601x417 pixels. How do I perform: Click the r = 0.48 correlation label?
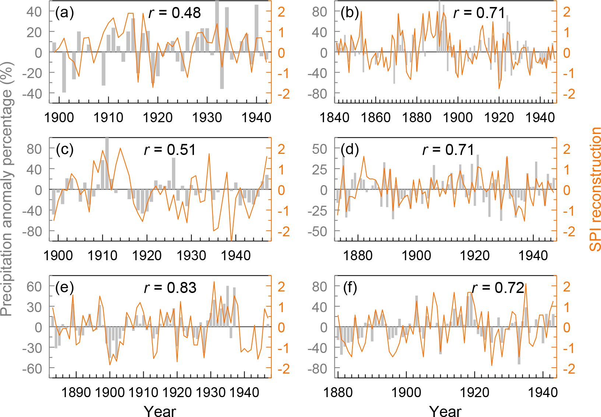pos(175,13)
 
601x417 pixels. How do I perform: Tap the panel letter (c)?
pos(65,149)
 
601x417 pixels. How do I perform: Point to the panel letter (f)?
pos(350,287)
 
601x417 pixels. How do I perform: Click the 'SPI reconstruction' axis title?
pos(594,189)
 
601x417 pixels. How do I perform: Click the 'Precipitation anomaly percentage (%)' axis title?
pos(7,189)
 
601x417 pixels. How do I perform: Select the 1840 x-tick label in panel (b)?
pos(334,117)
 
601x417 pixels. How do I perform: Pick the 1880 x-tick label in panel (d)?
pos(358,255)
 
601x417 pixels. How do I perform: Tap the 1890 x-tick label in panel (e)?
pos(76,392)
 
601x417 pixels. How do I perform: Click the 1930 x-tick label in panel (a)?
pos(207,117)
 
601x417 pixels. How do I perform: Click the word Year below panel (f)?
pos(445,411)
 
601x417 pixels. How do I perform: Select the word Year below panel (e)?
pos(160,411)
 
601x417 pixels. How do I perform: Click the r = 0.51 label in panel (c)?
pos(170,150)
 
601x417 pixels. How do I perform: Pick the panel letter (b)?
pos(350,13)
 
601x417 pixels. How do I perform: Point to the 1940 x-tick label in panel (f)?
pos(543,392)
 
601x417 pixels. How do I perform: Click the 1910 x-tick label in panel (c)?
pos(102,255)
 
